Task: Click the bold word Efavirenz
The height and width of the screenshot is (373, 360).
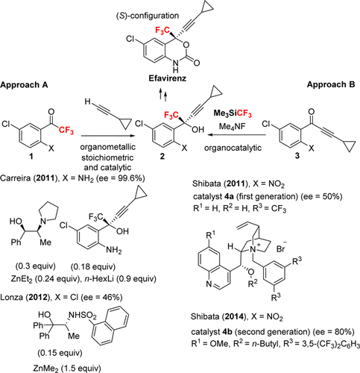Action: [x=168, y=78]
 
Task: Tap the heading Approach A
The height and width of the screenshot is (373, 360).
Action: [x=24, y=85]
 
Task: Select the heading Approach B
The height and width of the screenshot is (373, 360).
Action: [x=331, y=84]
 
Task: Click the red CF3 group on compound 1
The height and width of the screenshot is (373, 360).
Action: [x=66, y=130]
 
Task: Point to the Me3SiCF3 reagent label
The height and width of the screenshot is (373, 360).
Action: [x=233, y=114]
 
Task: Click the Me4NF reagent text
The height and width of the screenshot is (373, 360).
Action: [x=232, y=126]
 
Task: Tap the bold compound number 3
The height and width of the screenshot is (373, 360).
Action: [x=297, y=156]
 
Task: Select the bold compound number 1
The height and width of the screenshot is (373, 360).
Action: [x=31, y=157]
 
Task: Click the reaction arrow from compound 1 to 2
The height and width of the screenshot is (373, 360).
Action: [x=107, y=136]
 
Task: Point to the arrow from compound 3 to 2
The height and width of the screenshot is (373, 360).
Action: [x=238, y=135]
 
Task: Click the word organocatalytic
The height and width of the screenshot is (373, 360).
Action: [x=233, y=148]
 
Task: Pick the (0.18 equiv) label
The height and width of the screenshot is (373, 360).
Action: [x=93, y=267]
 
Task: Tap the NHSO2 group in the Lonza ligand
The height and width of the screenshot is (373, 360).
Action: [x=82, y=316]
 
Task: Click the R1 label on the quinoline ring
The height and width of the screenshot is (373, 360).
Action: [x=210, y=235]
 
